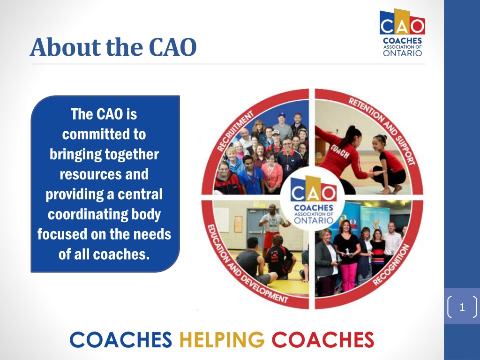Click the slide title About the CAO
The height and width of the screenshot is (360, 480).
click(x=113, y=47)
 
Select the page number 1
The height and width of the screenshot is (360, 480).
click(x=462, y=307)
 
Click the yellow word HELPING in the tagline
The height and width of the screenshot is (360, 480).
click(x=222, y=339)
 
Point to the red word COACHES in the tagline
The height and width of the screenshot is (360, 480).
click(x=322, y=339)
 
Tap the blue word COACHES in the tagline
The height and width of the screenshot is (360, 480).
click(x=120, y=339)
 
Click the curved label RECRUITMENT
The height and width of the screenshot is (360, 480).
click(x=235, y=131)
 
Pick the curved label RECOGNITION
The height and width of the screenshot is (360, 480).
click(x=391, y=264)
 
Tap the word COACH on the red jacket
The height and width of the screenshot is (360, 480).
click(x=339, y=151)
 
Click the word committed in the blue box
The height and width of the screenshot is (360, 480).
click(x=104, y=135)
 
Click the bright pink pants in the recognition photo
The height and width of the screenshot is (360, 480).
click(x=349, y=276)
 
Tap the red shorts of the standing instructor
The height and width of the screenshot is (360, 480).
click(x=269, y=240)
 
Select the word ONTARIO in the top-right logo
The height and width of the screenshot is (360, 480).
click(x=402, y=53)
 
